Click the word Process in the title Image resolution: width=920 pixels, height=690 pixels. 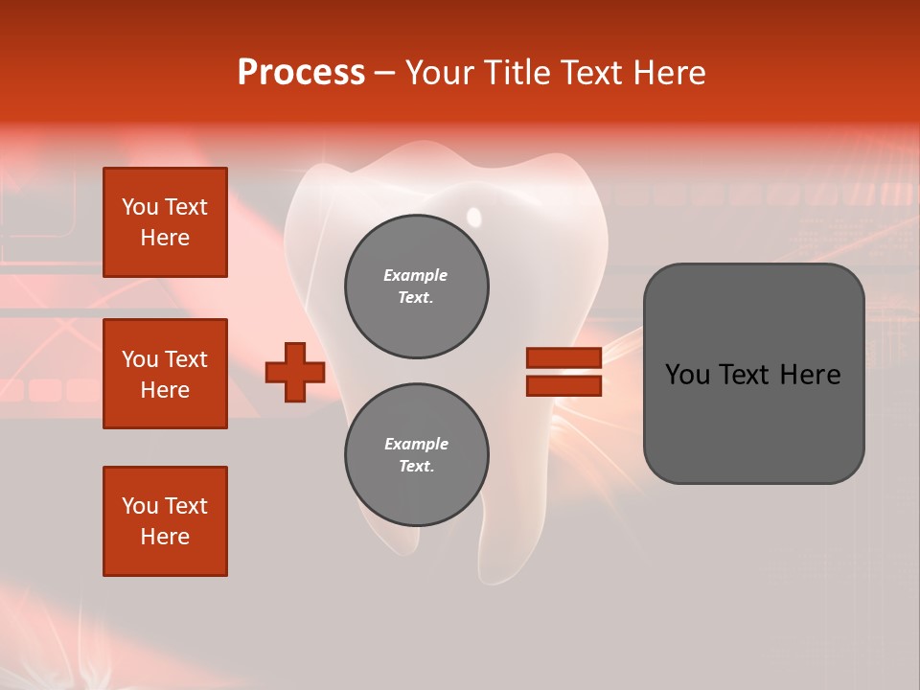coord(301,73)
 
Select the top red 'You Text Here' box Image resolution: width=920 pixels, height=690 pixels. coord(165,222)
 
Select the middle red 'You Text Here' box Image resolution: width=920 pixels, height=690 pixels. coord(165,374)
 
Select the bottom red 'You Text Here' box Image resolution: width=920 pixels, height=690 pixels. coord(165,521)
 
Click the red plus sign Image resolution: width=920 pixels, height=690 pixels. coord(295,372)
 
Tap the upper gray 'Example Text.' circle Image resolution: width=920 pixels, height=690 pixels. coord(417,287)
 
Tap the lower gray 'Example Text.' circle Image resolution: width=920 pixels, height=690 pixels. coord(417,455)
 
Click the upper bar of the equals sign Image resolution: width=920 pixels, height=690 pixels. coord(563,357)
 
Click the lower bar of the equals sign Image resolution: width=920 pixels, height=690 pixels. coord(563,386)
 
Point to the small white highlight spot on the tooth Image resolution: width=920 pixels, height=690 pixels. coord(473,215)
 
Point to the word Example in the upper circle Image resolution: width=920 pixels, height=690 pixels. coord(415,275)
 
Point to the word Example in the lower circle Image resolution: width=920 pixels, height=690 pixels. coord(416,444)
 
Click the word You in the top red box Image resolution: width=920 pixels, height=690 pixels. coord(140,207)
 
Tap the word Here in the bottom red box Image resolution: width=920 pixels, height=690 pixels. coord(165,537)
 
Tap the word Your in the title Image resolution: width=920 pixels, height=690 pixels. coord(439,73)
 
